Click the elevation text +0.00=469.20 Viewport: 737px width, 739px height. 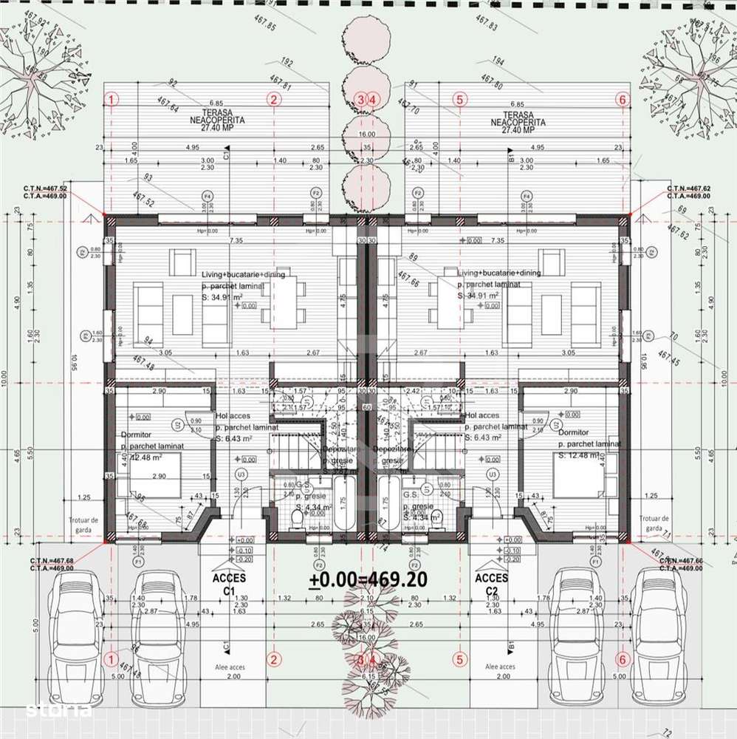pos(367,580)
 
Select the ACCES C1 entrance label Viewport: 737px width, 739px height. pos(229,585)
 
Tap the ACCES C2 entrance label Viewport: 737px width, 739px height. pos(491,585)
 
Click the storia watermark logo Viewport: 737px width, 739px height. pos(58,710)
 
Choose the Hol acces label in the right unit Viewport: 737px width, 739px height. pos(484,415)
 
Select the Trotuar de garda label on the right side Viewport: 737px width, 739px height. pos(655,523)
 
